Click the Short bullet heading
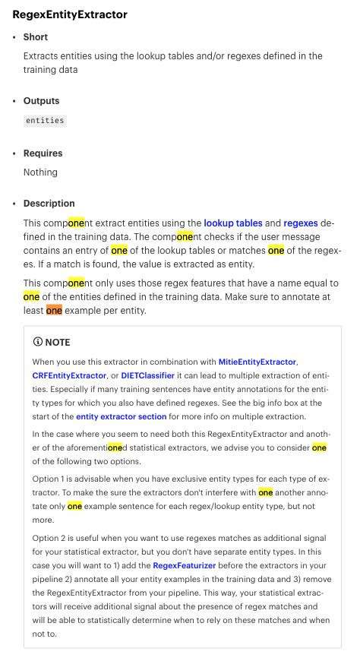pos(36,37)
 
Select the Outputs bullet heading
pos(41,101)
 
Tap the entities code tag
pos(45,120)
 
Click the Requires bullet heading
pos(43,153)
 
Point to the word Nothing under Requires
pos(40,172)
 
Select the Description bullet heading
pos(49,204)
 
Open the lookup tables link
pos(233,223)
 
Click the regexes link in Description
pos(301,223)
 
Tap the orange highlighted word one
pos(54,310)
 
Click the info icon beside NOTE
pos(39,343)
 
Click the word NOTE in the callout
pos(58,343)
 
